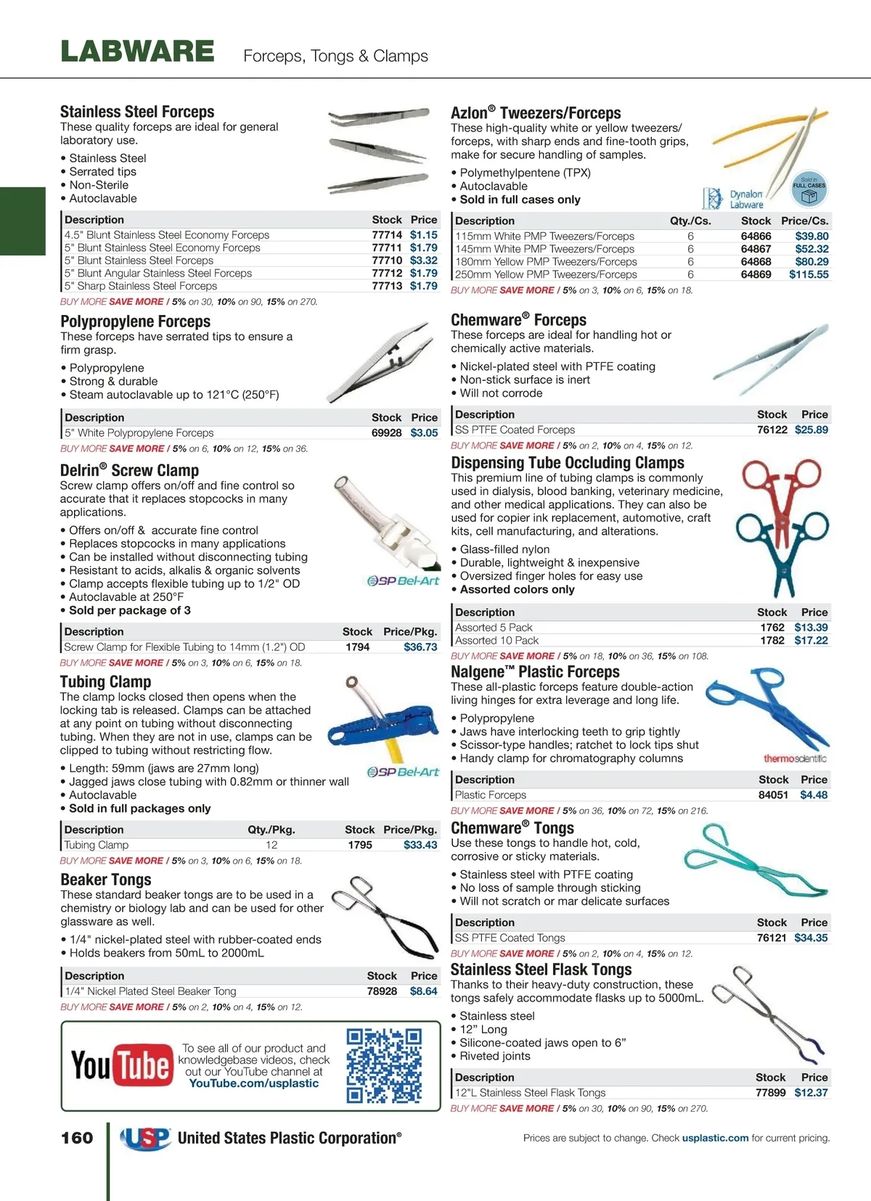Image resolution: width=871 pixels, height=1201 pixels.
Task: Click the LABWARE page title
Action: click(x=137, y=52)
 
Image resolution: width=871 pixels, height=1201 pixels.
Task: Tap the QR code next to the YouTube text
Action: click(x=384, y=1065)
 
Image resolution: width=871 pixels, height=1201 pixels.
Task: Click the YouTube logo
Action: click(x=122, y=1065)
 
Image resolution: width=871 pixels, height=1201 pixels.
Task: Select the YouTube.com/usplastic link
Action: click(x=253, y=1083)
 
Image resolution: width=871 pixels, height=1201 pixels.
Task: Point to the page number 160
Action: click(x=77, y=1138)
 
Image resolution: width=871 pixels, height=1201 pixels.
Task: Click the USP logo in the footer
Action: click(x=146, y=1138)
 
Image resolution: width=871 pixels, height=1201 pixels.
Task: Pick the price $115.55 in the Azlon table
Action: click(x=809, y=274)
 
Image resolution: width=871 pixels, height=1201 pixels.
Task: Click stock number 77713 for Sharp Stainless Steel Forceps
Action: click(x=387, y=286)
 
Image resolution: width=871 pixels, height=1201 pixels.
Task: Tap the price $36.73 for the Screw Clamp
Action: click(x=420, y=647)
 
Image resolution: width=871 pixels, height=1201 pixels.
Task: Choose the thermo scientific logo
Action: click(x=794, y=758)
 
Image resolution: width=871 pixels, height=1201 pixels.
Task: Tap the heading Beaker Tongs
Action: click(x=106, y=880)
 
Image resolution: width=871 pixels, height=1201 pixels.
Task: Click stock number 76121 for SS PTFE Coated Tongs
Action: click(x=772, y=938)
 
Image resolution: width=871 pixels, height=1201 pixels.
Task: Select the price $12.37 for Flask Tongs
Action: click(x=811, y=1092)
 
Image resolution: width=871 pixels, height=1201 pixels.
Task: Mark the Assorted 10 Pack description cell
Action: click(x=497, y=640)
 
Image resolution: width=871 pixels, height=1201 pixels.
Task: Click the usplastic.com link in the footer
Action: click(x=715, y=1138)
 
